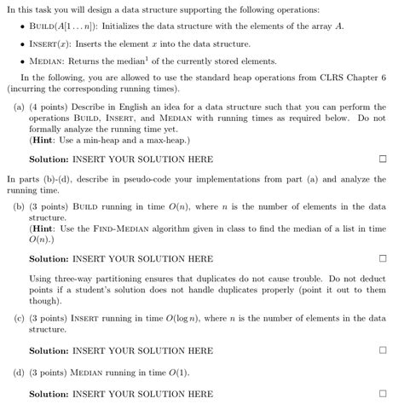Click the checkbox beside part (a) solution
tap(383, 159)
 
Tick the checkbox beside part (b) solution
tap(383, 258)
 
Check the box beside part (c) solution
tap(383, 350)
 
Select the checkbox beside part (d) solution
tap(383, 394)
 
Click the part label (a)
tap(19, 107)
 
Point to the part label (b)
tap(19, 207)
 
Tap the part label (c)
tap(19, 318)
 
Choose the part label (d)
tap(19, 372)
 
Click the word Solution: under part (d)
tap(49, 394)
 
